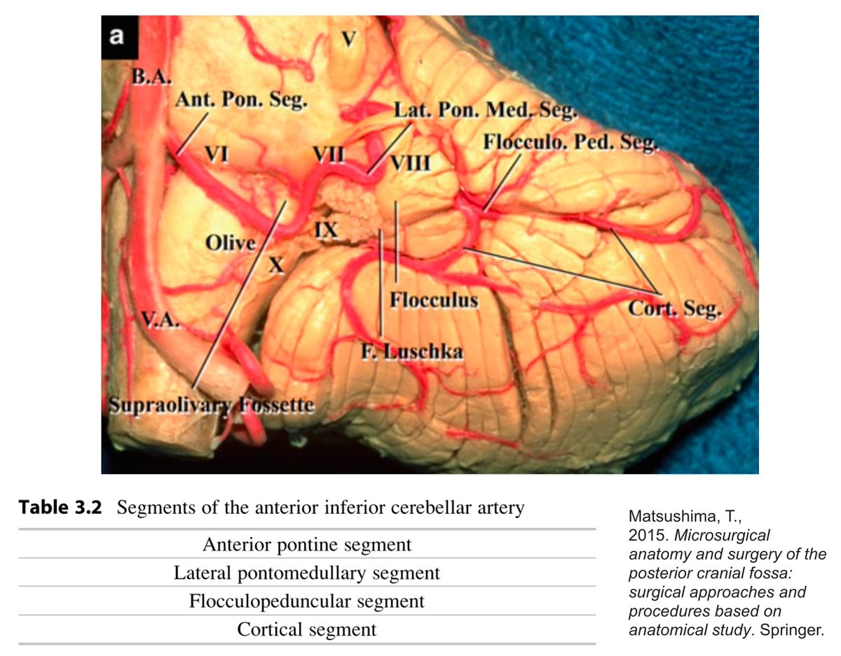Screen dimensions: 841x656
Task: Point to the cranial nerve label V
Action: pos(348,40)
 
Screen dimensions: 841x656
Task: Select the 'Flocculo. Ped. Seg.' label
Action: pos(570,143)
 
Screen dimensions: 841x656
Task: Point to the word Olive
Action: pos(231,244)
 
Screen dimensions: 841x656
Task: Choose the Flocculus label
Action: pos(434,301)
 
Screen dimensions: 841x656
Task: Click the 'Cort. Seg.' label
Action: pos(674,309)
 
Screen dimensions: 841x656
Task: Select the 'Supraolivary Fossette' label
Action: pos(211,405)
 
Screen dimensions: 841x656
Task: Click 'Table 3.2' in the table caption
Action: pos(60,508)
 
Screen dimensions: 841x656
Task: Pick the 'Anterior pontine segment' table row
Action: pos(307,544)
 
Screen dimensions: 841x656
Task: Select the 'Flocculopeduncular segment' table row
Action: pos(307,601)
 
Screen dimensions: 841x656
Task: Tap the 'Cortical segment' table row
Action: pos(307,629)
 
